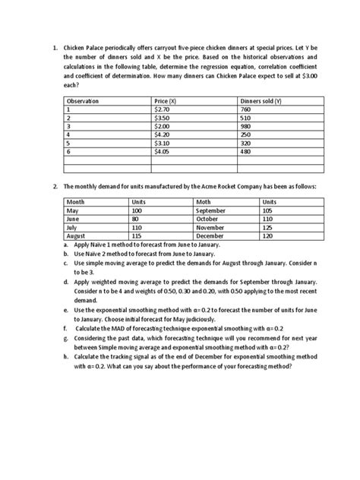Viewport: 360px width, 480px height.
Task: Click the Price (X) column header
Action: pyautogui.click(x=166, y=101)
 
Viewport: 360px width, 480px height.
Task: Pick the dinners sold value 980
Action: pyautogui.click(x=245, y=126)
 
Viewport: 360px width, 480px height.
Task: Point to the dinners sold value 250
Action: pyautogui.click(x=245, y=134)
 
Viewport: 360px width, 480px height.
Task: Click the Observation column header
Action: pyautogui.click(x=84, y=101)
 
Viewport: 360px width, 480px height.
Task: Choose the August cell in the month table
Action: pyautogui.click(x=77, y=235)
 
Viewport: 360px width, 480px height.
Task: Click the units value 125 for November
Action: pyautogui.click(x=268, y=227)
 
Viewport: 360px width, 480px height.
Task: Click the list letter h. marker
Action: pyautogui.click(x=66, y=355)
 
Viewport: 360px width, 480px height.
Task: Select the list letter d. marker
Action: pyautogui.click(x=66, y=280)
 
